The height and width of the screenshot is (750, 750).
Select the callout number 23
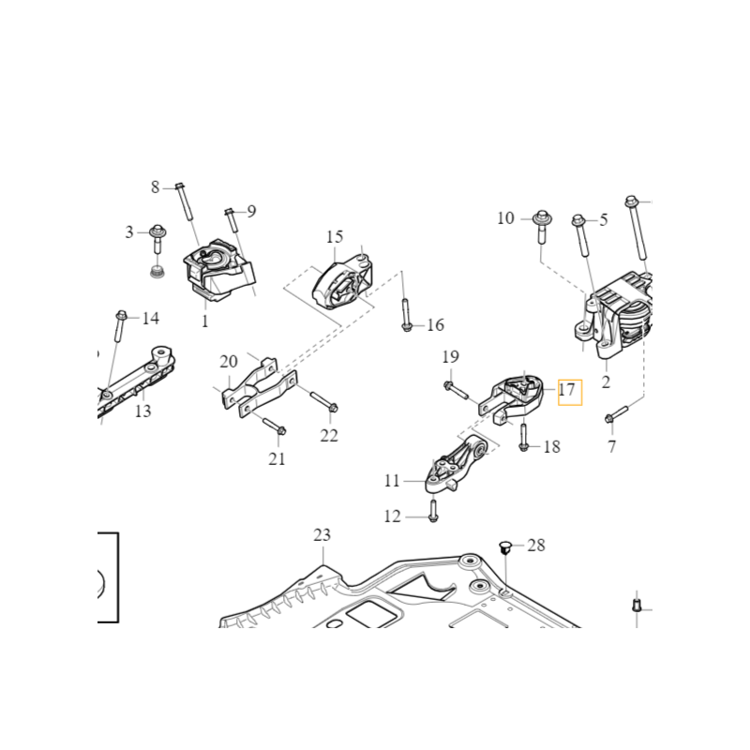click(322, 536)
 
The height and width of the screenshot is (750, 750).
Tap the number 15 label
click(335, 237)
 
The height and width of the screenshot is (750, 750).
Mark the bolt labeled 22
click(321, 403)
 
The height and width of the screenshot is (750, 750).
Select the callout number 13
click(142, 411)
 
